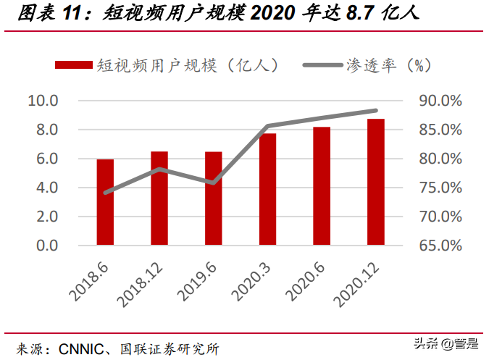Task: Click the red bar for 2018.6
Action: pyautogui.click(x=105, y=202)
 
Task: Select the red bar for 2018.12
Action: pyautogui.click(x=159, y=198)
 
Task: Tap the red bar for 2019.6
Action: pyautogui.click(x=213, y=198)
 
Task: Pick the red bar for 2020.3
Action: pyautogui.click(x=267, y=190)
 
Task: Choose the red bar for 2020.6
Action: pyautogui.click(x=322, y=186)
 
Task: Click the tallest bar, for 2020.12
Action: pyautogui.click(x=375, y=182)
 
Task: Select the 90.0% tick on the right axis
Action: pyautogui.click(x=440, y=101)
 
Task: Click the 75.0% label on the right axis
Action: pyautogui.click(x=440, y=188)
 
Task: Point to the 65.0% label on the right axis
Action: pyautogui.click(x=440, y=246)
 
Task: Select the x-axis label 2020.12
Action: pyautogui.click(x=357, y=282)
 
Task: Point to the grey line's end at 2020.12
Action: pyautogui.click(x=375, y=111)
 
